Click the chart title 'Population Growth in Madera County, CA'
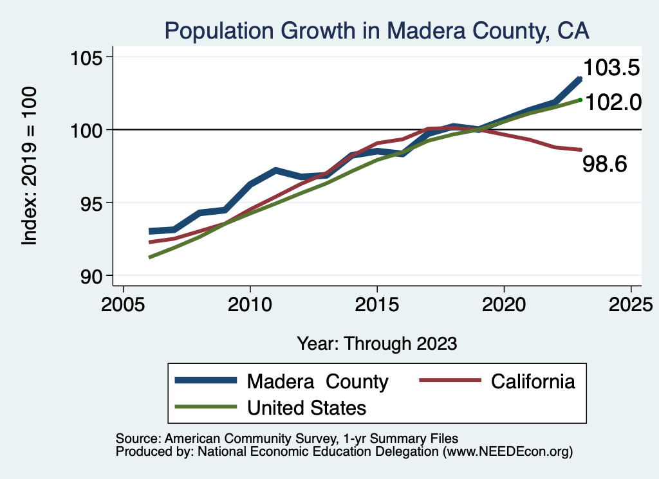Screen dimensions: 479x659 click(x=376, y=30)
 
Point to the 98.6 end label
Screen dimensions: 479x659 click(x=604, y=164)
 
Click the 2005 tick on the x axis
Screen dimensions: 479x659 click(x=123, y=303)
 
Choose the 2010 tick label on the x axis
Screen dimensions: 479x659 click(x=250, y=303)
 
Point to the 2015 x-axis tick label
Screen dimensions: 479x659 click(x=376, y=303)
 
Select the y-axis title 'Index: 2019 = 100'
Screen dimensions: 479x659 click(x=30, y=166)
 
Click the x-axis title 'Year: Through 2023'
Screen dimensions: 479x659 click(x=376, y=343)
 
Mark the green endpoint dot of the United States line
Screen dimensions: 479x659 click(x=580, y=100)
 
